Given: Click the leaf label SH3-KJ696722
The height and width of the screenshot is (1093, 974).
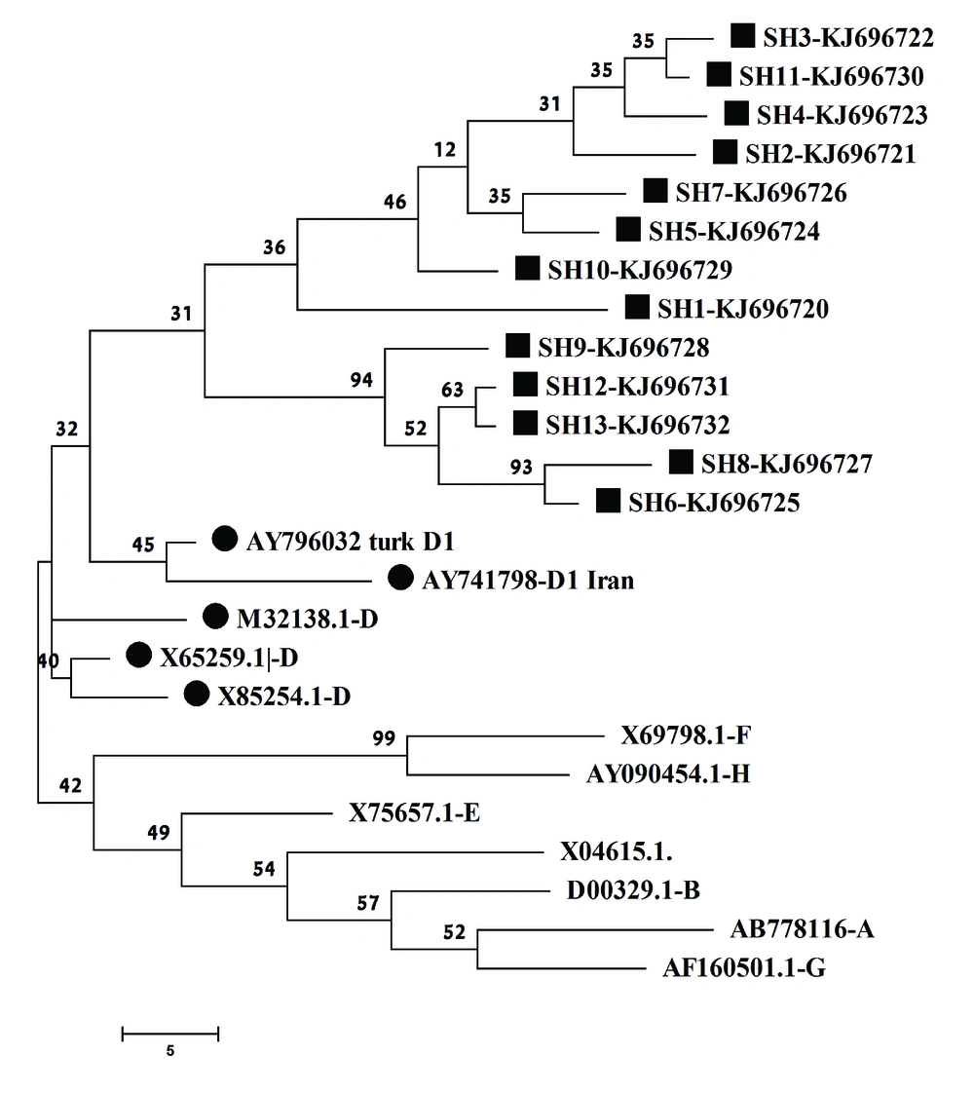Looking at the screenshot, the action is click(848, 38).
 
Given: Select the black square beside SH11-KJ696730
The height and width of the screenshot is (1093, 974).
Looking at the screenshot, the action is click(719, 75).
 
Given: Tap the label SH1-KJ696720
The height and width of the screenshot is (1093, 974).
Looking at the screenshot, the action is click(743, 309).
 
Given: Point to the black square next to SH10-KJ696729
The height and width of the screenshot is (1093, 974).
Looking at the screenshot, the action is click(527, 268).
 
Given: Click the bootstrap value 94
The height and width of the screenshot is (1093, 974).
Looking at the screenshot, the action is click(361, 380).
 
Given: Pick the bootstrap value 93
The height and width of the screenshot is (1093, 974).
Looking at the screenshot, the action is click(521, 467).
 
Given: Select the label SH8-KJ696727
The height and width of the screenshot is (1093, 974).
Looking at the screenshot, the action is click(787, 465).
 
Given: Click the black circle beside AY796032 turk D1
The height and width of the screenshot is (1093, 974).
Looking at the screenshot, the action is click(224, 538).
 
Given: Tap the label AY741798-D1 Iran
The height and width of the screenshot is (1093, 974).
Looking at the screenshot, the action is click(528, 580).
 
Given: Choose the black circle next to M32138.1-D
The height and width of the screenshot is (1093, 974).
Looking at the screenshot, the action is click(216, 617).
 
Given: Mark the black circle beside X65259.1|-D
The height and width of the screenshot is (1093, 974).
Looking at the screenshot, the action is click(139, 655).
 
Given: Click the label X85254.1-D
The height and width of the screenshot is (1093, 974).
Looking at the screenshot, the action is click(284, 697).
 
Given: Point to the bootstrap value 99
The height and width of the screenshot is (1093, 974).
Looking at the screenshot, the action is click(384, 738).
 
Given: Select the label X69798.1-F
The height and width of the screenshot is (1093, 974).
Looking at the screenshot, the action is click(687, 735).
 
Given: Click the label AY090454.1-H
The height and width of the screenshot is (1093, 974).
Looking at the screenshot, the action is click(668, 774).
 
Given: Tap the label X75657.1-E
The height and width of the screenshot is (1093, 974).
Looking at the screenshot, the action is click(415, 812).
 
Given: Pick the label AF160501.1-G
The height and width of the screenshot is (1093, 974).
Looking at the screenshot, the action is click(744, 968).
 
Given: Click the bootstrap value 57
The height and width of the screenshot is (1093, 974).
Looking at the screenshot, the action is click(368, 903).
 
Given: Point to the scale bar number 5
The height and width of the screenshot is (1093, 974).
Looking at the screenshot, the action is click(170, 1050).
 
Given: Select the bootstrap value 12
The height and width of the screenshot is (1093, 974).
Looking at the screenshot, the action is click(444, 150).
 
